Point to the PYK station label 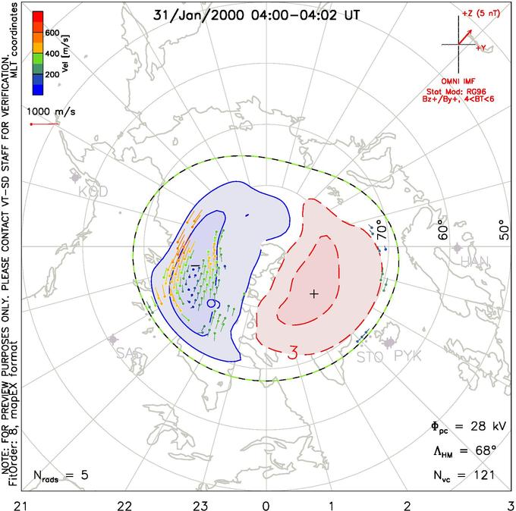pos(407,355)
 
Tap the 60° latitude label pos(446,230)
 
